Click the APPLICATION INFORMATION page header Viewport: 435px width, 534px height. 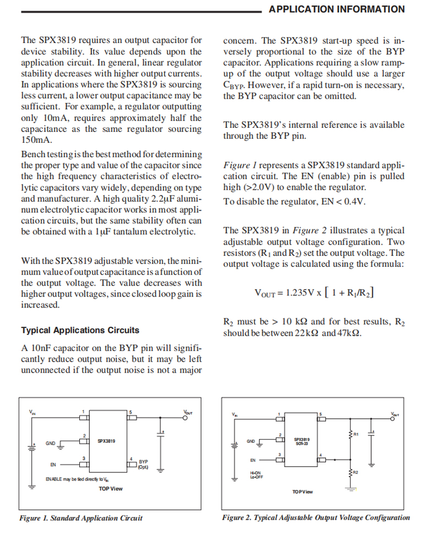337,9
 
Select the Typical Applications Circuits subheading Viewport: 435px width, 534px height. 80,330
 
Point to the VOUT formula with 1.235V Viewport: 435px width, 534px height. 314,292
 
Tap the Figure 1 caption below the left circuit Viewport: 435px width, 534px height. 81,518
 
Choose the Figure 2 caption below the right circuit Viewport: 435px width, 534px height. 316,517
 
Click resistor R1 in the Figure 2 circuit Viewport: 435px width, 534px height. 351,435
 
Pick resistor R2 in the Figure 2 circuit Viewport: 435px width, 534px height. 351,472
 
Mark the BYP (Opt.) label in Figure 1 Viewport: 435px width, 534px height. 144,465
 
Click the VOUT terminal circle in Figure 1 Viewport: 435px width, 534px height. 186,418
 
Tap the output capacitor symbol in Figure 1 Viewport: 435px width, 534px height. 161,433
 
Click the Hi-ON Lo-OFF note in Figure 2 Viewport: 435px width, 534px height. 255,474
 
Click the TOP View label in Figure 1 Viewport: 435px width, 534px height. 111,489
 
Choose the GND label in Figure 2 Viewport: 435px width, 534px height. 251,441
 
